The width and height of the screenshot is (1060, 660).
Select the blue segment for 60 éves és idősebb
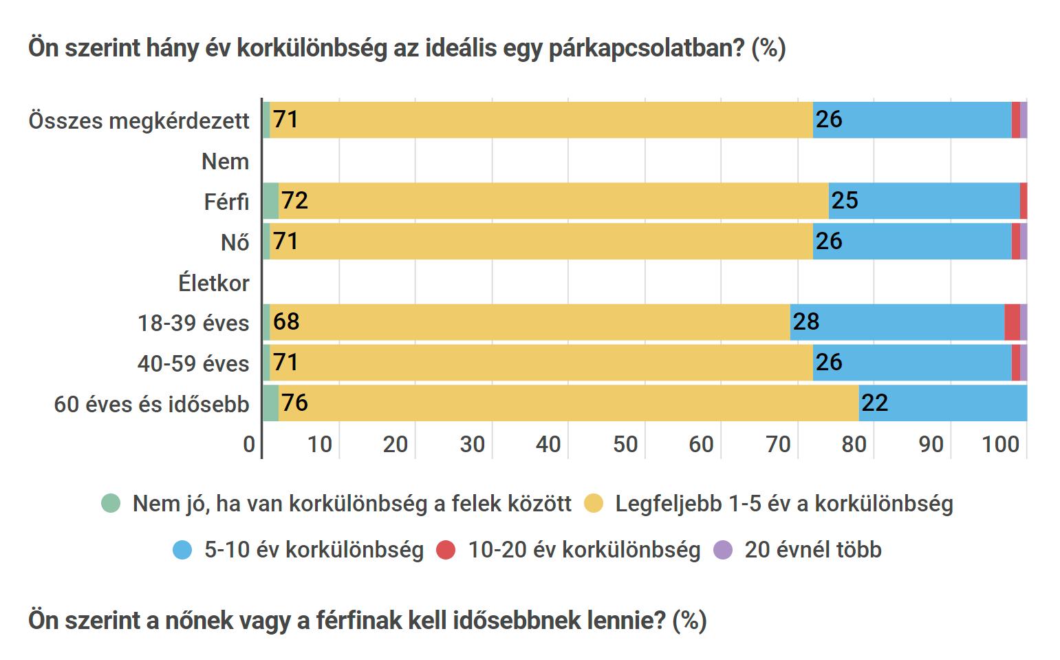click(x=942, y=403)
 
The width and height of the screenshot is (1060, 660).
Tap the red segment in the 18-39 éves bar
click(x=1011, y=322)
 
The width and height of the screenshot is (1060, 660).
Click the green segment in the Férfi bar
click(x=270, y=201)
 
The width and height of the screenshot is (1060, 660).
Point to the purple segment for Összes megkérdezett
click(x=1023, y=120)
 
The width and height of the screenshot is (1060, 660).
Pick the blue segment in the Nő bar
click(x=911, y=242)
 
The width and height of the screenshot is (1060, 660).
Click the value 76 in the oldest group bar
click(x=294, y=403)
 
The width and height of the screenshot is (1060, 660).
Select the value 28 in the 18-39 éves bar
click(x=805, y=321)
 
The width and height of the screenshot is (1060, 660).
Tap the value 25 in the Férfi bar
click(x=844, y=200)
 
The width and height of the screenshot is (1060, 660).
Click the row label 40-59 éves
click(x=193, y=363)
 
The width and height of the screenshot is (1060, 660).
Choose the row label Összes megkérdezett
click(x=139, y=121)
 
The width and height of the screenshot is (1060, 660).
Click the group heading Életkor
click(x=213, y=283)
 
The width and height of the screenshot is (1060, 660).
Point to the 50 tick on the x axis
click(x=625, y=445)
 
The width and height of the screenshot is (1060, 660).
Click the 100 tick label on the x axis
click(x=1000, y=445)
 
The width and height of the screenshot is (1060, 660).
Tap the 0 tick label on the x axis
click(x=249, y=445)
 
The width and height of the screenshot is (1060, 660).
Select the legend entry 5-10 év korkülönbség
click(x=313, y=550)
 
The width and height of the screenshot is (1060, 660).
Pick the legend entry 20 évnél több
click(x=812, y=550)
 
